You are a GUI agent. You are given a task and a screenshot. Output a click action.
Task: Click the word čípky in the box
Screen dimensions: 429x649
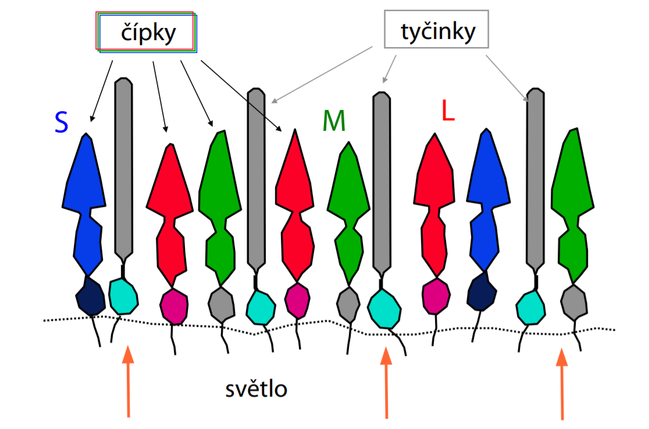click(x=148, y=33)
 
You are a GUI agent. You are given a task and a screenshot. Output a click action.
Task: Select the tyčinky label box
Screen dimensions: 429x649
click(x=436, y=30)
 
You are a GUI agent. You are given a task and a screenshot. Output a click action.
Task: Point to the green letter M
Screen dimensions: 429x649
click(x=334, y=121)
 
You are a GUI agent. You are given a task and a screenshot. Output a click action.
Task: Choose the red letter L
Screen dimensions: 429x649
click(x=447, y=111)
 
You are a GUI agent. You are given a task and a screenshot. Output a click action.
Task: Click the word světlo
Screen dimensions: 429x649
click(x=256, y=389)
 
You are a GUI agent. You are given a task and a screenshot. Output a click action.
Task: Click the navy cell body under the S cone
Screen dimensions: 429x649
click(x=90, y=295)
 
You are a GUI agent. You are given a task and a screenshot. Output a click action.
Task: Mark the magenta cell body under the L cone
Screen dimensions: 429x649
click(x=435, y=296)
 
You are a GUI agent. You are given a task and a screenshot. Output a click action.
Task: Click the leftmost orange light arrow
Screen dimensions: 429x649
click(x=128, y=381)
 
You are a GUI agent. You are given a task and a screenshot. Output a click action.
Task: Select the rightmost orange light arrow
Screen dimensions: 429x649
click(x=562, y=384)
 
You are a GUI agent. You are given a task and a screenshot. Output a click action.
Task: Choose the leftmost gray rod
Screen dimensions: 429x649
click(x=123, y=169)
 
